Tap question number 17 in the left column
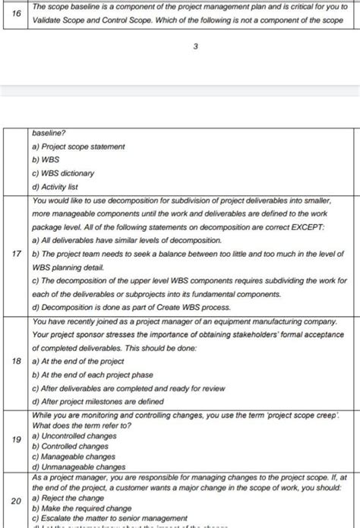point(15,253)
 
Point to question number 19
point(15,439)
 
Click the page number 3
point(196,47)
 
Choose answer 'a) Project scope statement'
point(78,145)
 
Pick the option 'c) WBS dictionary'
point(64,172)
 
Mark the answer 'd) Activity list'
point(58,186)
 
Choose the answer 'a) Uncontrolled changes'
point(74,437)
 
